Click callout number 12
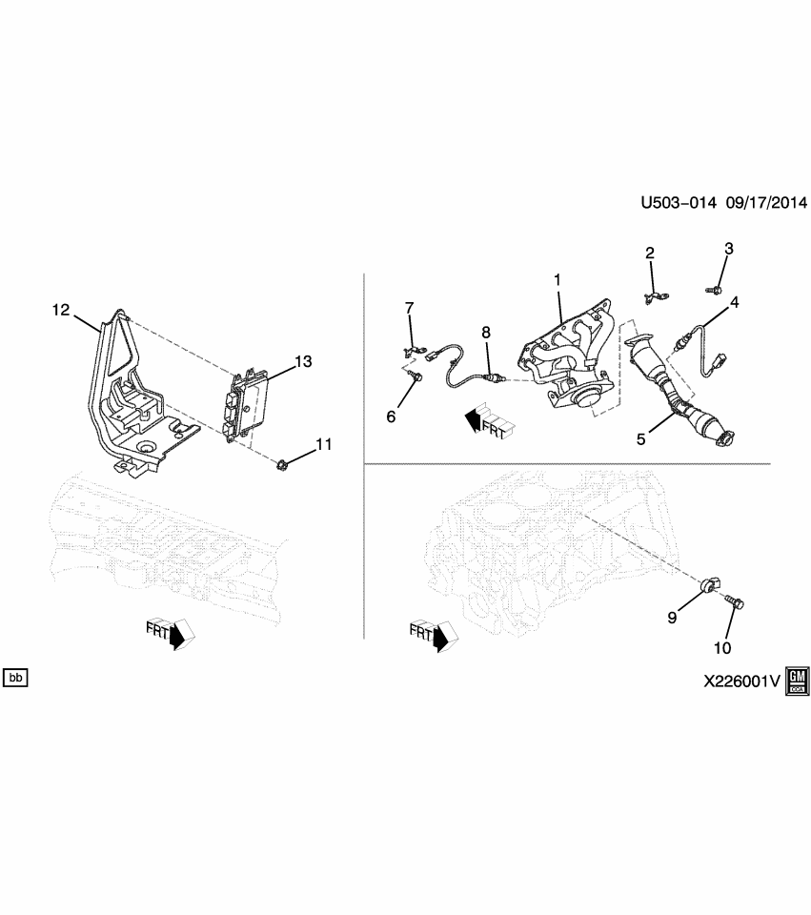tap(61, 310)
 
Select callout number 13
tap(303, 361)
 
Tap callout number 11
tap(324, 444)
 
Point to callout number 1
tap(559, 282)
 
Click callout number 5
tap(641, 439)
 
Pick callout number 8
tap(485, 332)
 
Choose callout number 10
tap(721, 648)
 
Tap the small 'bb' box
tap(16, 678)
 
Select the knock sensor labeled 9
tap(712, 585)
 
